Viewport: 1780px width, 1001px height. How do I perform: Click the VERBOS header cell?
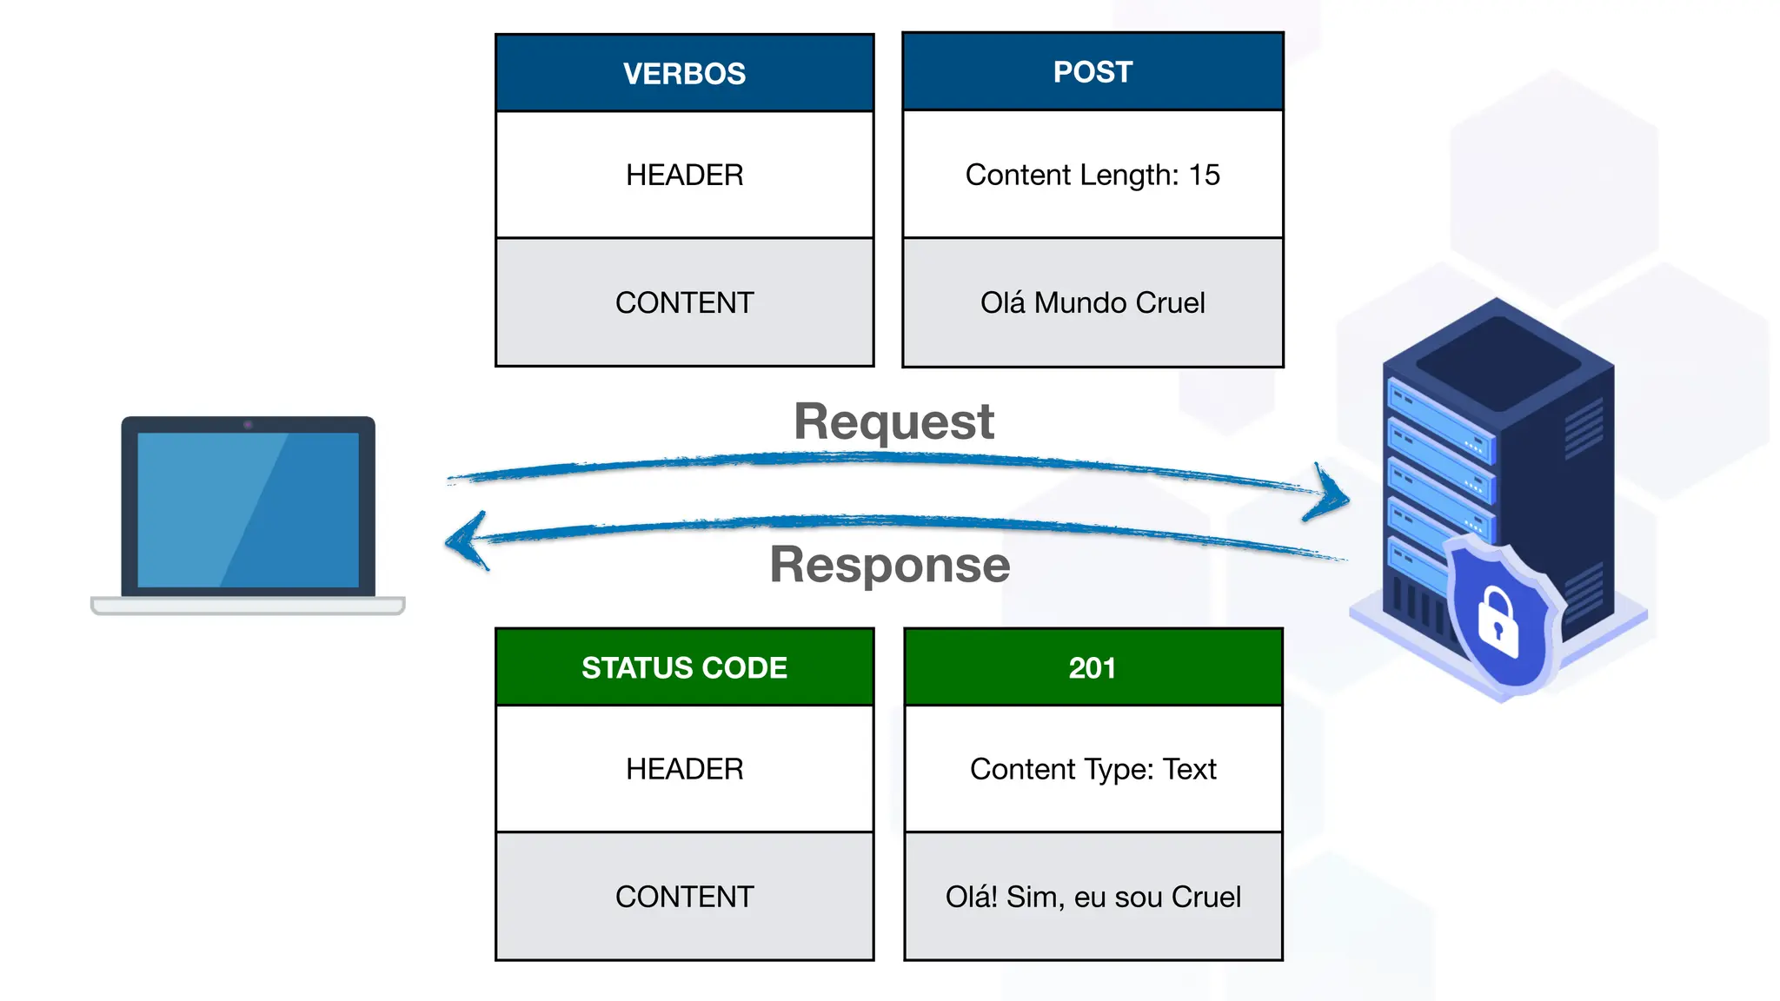point(684,73)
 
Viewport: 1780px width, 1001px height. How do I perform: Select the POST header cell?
point(1093,71)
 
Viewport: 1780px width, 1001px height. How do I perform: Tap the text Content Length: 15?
point(1093,175)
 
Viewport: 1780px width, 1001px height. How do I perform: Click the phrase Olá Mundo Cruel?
point(1093,302)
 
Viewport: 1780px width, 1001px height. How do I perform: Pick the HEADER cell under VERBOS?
point(684,175)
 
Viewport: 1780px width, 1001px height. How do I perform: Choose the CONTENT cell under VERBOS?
point(684,302)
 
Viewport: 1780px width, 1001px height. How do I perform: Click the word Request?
point(893,422)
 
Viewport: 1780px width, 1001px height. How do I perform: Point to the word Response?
point(889,565)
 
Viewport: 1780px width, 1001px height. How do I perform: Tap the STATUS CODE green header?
point(684,667)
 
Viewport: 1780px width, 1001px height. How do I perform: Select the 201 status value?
point(1093,667)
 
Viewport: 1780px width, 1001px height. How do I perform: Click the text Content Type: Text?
point(1093,769)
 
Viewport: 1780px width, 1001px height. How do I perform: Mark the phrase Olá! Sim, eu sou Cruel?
point(1093,897)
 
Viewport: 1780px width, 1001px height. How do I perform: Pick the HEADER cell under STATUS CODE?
point(684,769)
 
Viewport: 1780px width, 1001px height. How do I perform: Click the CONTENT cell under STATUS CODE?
point(684,897)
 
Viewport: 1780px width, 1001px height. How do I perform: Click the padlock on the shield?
point(1498,623)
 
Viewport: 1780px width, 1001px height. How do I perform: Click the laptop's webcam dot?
point(248,425)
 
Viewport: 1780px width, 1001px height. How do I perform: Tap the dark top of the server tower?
point(1498,361)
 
